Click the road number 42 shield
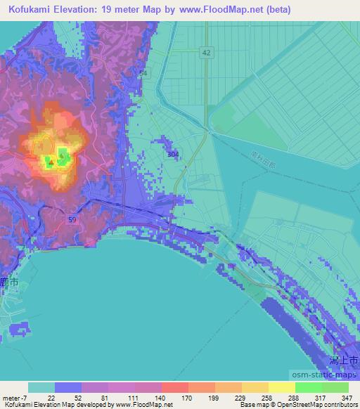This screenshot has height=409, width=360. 205,53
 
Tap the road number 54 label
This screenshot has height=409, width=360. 144,73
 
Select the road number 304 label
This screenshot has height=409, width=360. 173,154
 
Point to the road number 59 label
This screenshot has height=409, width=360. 72,220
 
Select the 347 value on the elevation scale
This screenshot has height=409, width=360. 347,398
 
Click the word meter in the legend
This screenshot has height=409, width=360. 12,398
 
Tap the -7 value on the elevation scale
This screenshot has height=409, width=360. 27,398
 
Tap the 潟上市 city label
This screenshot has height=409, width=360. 345,359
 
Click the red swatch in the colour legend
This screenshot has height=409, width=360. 174,387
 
